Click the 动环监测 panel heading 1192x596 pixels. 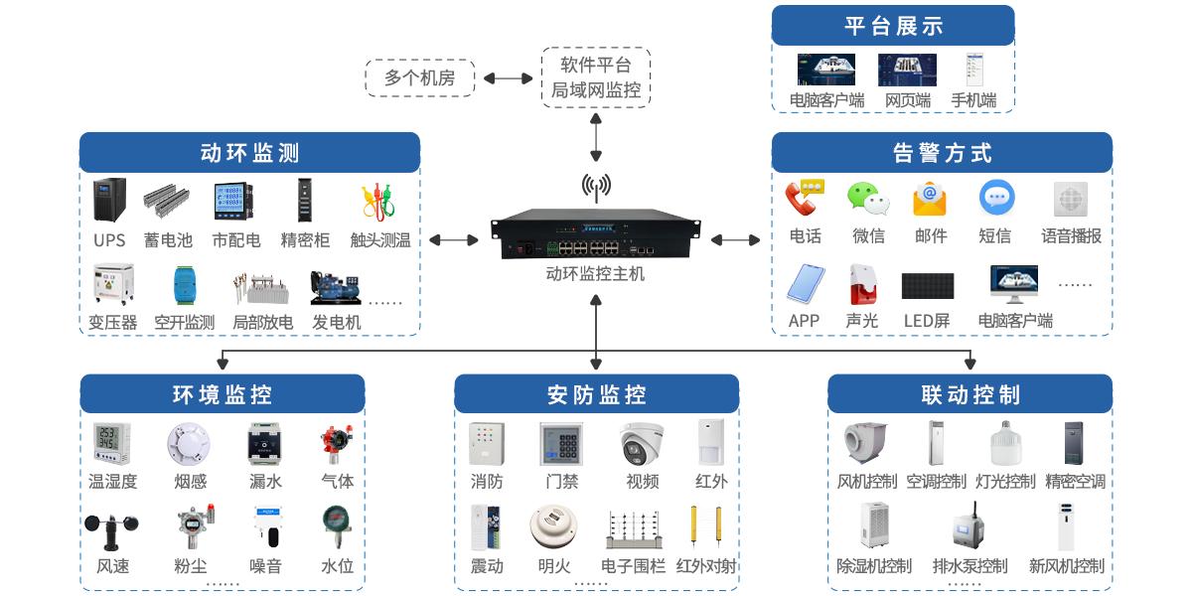point(249,153)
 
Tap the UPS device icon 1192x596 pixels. point(109,202)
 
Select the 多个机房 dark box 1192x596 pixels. point(419,77)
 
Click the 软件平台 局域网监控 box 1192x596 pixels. point(596,77)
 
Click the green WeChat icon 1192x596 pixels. point(867,199)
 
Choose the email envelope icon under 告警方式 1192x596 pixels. point(930,199)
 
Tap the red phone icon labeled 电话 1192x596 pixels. point(804,198)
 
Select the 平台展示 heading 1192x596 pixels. point(893,26)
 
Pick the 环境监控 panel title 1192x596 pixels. point(222,394)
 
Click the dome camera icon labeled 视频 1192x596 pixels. point(642,444)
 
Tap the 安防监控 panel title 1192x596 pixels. point(596,394)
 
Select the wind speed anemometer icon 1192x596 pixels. point(111,529)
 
